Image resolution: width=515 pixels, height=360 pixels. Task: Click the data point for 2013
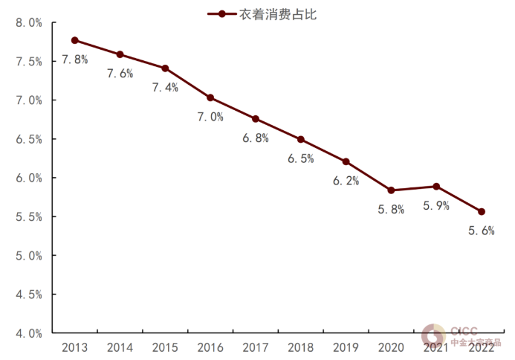[x=75, y=40]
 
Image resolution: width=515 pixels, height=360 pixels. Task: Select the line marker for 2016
[x=210, y=97]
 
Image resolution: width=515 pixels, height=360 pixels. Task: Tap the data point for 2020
[x=392, y=190]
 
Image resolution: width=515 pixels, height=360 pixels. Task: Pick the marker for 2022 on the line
[x=482, y=211]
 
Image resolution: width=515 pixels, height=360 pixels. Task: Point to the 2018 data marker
[x=301, y=139]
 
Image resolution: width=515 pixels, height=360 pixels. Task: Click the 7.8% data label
[x=75, y=59]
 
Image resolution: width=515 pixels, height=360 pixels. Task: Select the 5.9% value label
[x=436, y=205]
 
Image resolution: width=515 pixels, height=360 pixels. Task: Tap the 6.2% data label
[x=346, y=181]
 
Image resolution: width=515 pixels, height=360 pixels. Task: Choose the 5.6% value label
[x=482, y=231]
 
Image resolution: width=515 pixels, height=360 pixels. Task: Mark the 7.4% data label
[x=165, y=87]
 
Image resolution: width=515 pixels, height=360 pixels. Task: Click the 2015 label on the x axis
[x=165, y=347]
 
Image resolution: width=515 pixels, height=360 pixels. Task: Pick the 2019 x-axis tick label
[x=346, y=347]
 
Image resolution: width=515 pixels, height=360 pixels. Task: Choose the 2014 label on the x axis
[x=120, y=347]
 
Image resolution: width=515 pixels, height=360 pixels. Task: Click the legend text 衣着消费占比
[x=274, y=13]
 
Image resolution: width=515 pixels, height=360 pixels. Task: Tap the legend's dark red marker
[x=221, y=13]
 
